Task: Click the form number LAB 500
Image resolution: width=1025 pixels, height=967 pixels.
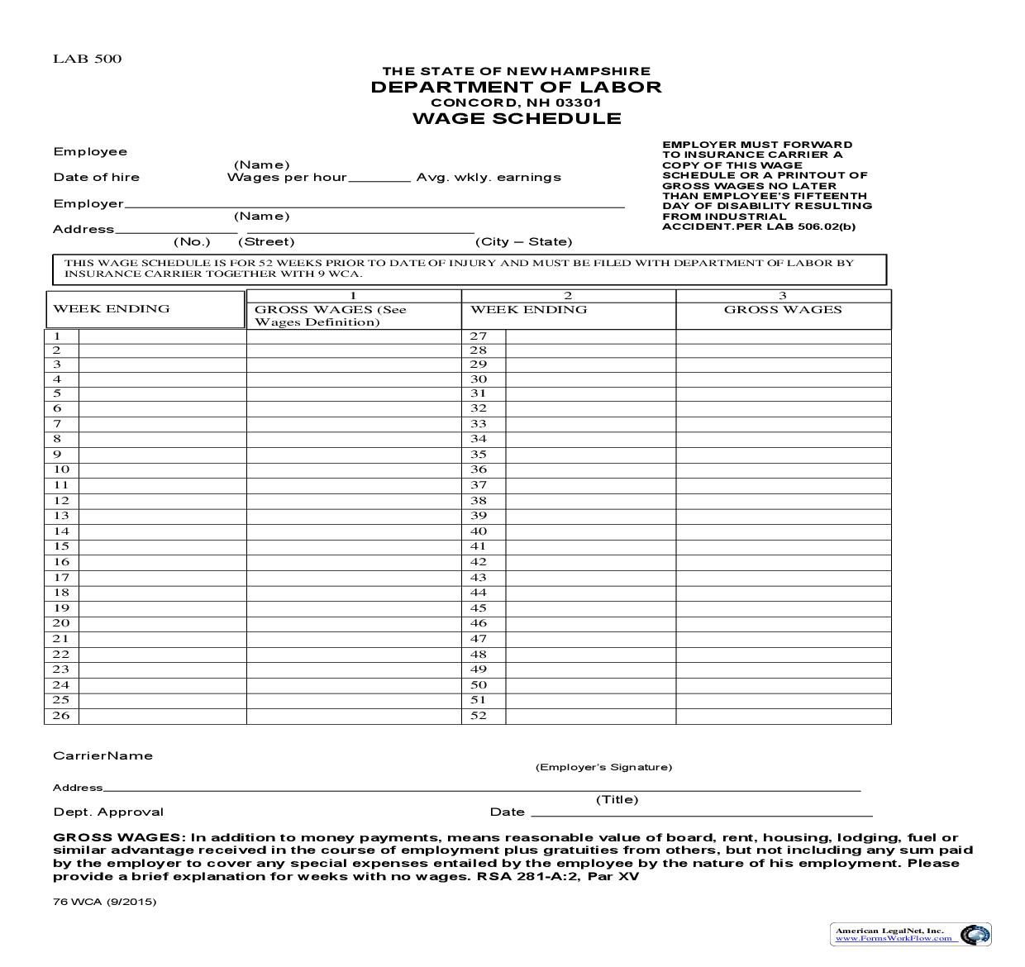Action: [87, 59]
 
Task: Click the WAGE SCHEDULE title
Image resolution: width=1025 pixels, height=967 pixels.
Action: [517, 118]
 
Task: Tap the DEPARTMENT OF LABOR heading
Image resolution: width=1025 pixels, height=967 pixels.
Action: [516, 87]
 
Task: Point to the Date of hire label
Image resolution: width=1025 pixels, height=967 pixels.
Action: [97, 177]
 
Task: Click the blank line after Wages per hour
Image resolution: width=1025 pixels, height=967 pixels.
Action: [379, 178]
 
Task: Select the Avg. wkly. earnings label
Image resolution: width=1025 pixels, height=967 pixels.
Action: [489, 177]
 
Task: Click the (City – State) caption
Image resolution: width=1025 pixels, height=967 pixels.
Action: [523, 241]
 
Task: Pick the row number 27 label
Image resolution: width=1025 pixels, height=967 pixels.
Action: [479, 336]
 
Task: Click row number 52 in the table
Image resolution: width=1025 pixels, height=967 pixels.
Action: [479, 716]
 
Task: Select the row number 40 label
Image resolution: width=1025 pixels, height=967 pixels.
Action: [479, 531]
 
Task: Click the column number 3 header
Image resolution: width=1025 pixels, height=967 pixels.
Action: [783, 295]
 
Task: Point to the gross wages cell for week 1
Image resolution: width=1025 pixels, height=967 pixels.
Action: [353, 336]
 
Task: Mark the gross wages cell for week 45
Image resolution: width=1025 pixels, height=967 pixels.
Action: [783, 608]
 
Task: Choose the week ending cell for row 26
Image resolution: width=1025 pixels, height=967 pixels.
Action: [162, 716]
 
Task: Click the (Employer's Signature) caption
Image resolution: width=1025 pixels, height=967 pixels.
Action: [603, 767]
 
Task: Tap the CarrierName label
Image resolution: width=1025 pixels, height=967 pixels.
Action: [102, 755]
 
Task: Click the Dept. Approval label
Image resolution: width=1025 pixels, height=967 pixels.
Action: [108, 812]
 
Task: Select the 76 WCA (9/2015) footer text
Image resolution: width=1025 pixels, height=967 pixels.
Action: [104, 902]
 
